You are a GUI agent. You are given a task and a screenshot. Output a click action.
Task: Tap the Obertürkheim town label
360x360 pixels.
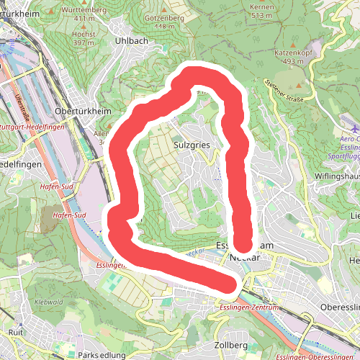(81, 111)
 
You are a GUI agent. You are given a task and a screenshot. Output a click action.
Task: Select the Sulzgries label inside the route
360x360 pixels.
(191, 144)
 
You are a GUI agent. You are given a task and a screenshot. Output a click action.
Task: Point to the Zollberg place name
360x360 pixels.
(231, 346)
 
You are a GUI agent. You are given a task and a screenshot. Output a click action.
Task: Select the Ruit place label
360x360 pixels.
(15, 332)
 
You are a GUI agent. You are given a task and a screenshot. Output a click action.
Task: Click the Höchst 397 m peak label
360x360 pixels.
(84, 38)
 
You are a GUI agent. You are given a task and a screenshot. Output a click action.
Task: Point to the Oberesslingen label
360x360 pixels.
(338, 307)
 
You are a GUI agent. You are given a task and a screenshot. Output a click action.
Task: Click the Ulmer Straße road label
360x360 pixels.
(22, 104)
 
